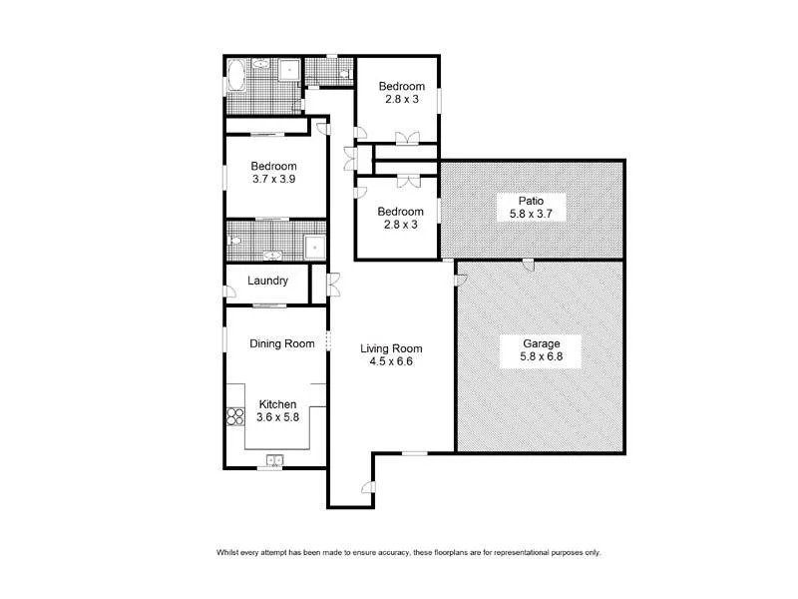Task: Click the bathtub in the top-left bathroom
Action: (x=236, y=76)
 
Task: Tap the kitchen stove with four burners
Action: (x=236, y=415)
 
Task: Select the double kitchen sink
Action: (x=273, y=460)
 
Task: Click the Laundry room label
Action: (x=268, y=282)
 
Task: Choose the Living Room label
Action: (x=391, y=348)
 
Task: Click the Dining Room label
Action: (x=282, y=343)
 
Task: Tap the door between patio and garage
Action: (x=530, y=264)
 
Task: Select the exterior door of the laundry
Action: (x=228, y=291)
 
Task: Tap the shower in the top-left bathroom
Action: (x=289, y=70)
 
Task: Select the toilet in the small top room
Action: (x=342, y=73)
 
